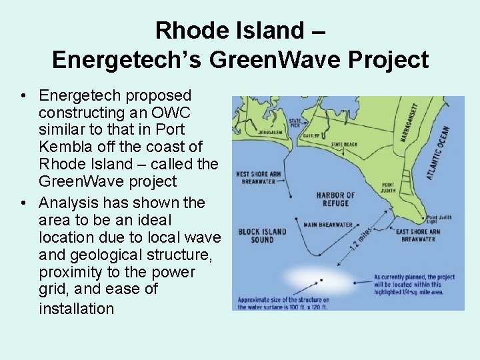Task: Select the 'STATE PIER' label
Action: [x=295, y=122]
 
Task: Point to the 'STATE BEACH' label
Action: [x=344, y=143]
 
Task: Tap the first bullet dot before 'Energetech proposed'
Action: [x=23, y=96]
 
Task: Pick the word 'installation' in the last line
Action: [x=77, y=308]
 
